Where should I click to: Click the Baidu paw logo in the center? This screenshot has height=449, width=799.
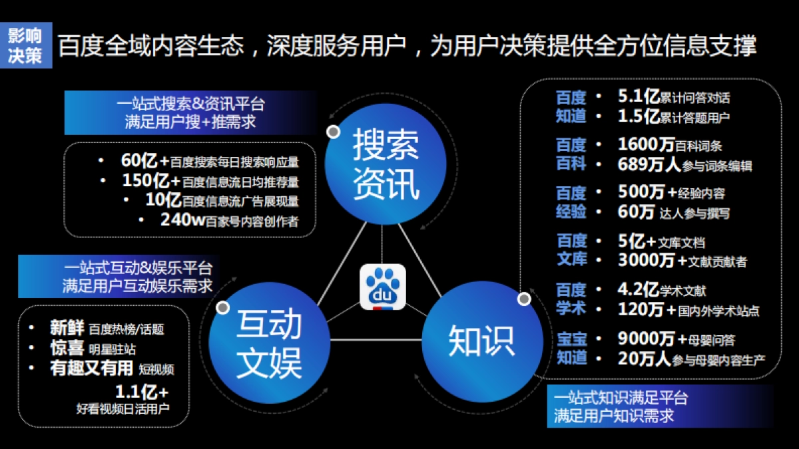pos(382,287)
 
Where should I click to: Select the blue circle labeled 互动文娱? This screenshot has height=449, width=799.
pos(268,343)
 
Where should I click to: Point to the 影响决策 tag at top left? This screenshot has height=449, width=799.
pos(25,45)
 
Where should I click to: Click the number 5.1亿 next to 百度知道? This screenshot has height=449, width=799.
pos(638,97)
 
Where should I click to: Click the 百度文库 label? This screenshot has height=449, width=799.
pos(571,249)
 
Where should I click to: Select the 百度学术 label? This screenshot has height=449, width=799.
pos(571,299)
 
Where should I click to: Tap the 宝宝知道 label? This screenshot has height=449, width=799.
pos(571,348)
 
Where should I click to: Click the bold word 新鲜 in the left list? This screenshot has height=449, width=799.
pos(67,328)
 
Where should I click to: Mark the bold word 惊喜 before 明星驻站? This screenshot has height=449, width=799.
pos(67,347)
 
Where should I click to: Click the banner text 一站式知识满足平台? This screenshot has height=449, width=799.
pos(621,398)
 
